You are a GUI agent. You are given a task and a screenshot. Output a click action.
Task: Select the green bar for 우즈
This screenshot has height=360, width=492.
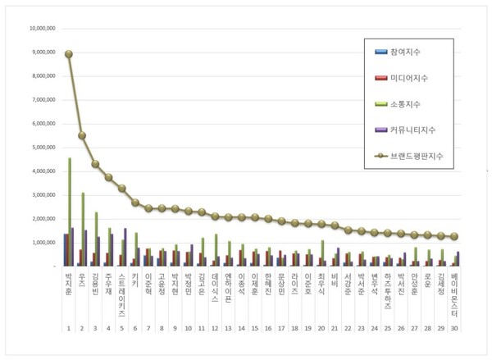(x=83, y=230)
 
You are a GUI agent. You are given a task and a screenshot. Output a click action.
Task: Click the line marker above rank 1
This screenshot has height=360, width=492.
(x=68, y=54)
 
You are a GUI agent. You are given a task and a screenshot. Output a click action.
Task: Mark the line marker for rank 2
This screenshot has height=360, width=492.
(x=82, y=135)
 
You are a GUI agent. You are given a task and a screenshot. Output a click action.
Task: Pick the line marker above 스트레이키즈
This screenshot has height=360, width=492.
(x=122, y=188)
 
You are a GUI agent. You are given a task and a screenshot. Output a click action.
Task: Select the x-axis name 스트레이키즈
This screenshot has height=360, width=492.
(x=122, y=296)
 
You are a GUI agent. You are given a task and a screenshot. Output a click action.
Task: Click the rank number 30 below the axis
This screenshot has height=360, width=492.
(x=456, y=327)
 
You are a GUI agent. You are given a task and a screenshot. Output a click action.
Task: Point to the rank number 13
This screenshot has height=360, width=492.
(x=229, y=327)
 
